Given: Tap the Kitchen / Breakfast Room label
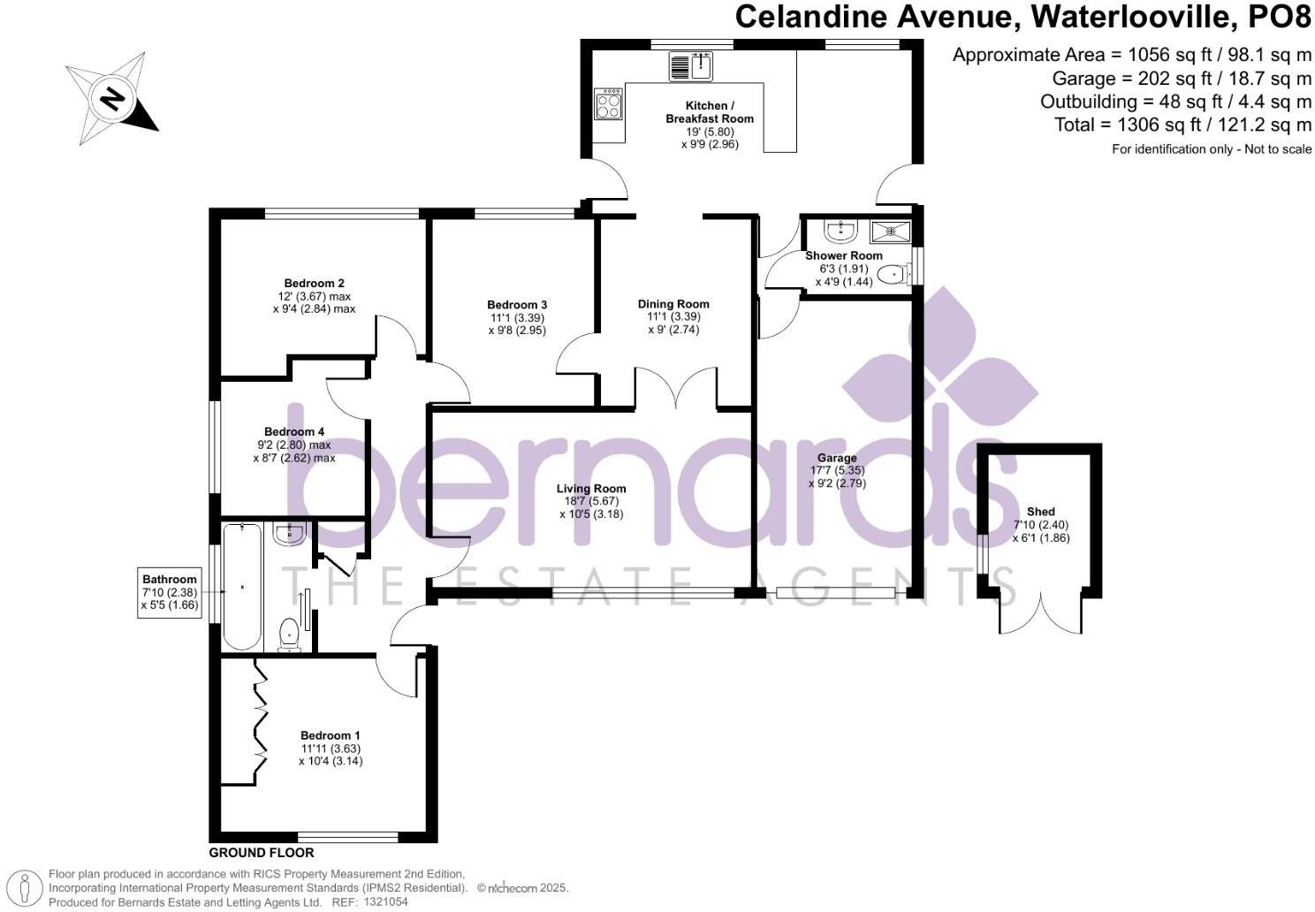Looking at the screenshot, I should tap(710, 112).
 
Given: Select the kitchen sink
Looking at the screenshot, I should tap(691, 65).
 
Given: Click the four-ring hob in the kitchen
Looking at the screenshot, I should tap(609, 105).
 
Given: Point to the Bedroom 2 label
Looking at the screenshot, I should tap(314, 284).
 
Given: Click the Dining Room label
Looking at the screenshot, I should tap(673, 304).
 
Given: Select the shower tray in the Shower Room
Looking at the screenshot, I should tap(891, 232).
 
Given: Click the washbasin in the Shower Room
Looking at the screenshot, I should tap(840, 232).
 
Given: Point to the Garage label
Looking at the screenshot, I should tap(836, 458).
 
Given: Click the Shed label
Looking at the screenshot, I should tap(1040, 512).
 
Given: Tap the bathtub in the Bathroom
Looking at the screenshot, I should tap(242, 585).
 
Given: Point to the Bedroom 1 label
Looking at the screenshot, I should tap(331, 735).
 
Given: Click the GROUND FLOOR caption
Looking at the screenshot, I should tap(262, 853).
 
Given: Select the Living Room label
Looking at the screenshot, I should tap(591, 489).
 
